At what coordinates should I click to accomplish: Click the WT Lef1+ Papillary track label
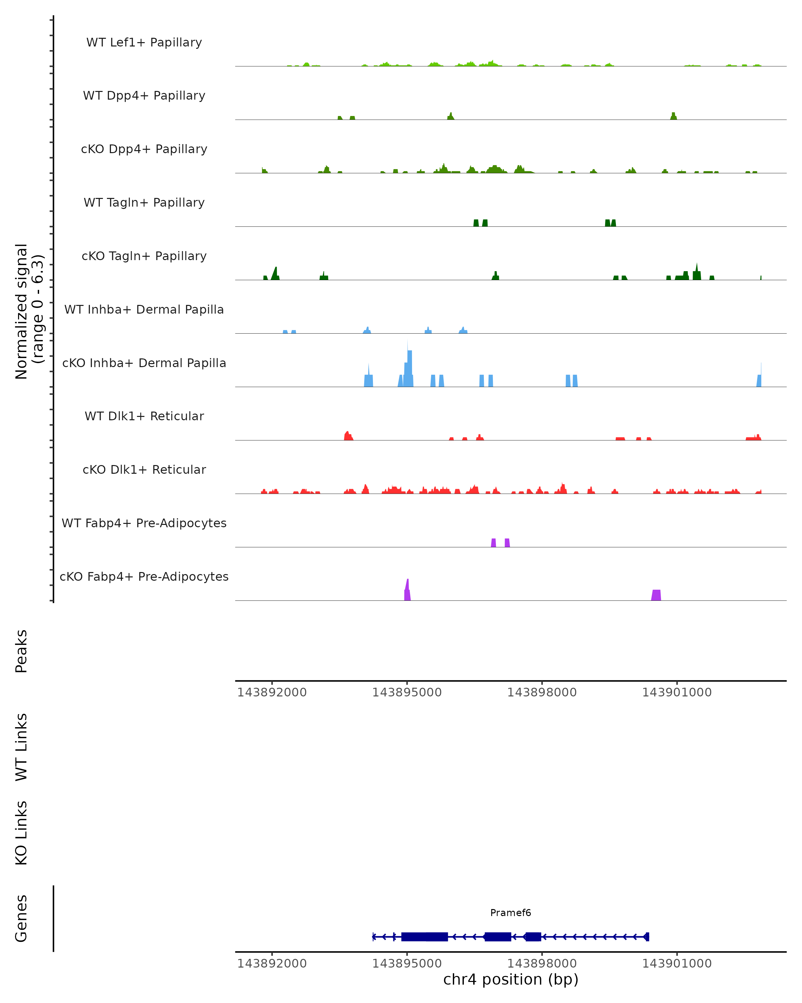[x=144, y=42]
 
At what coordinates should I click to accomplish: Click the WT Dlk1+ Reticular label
[x=144, y=416]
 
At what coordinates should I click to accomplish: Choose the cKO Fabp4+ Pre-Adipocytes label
[x=144, y=576]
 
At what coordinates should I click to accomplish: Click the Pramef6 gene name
[x=511, y=913]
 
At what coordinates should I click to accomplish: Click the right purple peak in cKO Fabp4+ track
[x=656, y=595]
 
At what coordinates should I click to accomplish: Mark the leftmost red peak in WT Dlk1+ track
[x=347, y=436]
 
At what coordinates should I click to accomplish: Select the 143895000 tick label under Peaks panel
[x=407, y=692]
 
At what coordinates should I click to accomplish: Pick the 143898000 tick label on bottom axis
[x=542, y=964]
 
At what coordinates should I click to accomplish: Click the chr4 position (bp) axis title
[x=511, y=979]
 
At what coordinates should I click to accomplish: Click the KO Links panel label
[x=21, y=833]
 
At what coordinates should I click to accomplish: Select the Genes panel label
[x=21, y=918]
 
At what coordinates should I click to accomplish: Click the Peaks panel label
[x=21, y=651]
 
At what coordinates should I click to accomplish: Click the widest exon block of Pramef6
[x=424, y=937]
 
